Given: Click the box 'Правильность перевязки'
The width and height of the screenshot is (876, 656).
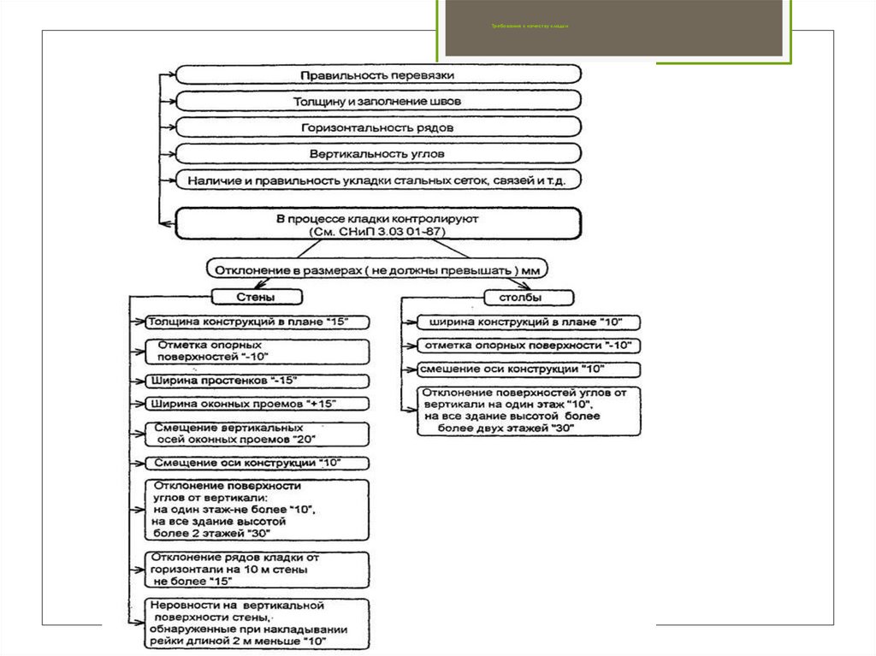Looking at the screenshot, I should tap(379, 74).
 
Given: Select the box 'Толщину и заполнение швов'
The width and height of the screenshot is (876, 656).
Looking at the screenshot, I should tap(379, 101).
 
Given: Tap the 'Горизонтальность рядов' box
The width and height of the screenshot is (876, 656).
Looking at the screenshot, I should tap(379, 127).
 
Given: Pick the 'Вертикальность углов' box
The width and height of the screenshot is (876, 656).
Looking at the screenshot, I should tap(379, 154).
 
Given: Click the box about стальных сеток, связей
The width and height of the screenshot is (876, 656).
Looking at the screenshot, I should tap(379, 180).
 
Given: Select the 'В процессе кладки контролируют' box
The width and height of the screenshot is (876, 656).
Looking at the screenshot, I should tap(379, 225).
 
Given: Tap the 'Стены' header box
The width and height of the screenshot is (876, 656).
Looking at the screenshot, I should tap(257, 297).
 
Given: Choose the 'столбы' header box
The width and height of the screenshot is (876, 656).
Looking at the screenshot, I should tap(529, 297).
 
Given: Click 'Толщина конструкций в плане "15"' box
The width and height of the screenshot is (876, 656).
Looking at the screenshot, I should tap(257, 322).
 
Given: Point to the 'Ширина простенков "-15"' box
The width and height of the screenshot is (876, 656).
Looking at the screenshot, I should tap(257, 380).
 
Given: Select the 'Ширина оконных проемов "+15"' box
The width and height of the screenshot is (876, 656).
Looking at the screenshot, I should tap(257, 403).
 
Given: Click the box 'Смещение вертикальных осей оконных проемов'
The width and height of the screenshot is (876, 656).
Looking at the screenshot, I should tap(257, 434).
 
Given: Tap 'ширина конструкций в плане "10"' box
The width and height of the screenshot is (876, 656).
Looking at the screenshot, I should tap(528, 322).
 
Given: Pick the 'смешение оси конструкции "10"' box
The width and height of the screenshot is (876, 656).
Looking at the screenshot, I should tap(528, 369).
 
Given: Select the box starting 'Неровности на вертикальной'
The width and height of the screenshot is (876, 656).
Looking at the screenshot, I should tap(257, 623).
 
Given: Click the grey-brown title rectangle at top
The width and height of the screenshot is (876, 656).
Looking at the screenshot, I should tap(613, 27).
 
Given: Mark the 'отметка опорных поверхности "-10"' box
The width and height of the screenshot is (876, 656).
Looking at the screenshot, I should tap(528, 346).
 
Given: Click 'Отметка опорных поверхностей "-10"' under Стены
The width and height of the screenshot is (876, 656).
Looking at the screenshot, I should tap(257, 352).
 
